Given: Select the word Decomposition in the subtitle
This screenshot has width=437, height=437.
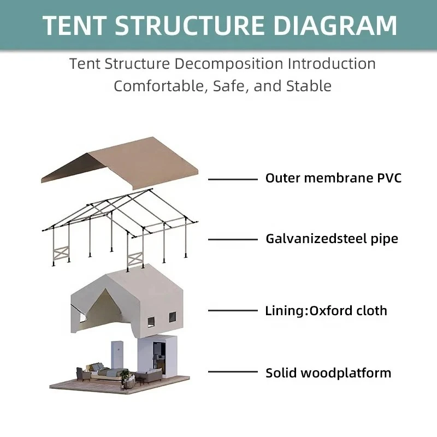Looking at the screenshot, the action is point(228,64).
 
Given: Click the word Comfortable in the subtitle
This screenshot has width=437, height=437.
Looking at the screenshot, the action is point(159,86).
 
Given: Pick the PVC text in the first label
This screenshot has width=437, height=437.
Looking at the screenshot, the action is point(389,178).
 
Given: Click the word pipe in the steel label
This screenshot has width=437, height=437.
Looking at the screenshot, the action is point(385,239).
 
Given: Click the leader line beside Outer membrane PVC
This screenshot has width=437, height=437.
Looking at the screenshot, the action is point(233,180).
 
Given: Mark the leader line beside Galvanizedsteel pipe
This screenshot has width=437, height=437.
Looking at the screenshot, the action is point(233,239).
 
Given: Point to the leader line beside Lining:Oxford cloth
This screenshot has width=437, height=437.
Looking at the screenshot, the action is point(233,310).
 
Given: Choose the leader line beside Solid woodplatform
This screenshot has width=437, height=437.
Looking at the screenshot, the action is point(233,372).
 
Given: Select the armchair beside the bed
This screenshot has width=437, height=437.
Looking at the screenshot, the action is point(83,375).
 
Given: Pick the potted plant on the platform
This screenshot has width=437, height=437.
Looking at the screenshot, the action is point(126,375).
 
